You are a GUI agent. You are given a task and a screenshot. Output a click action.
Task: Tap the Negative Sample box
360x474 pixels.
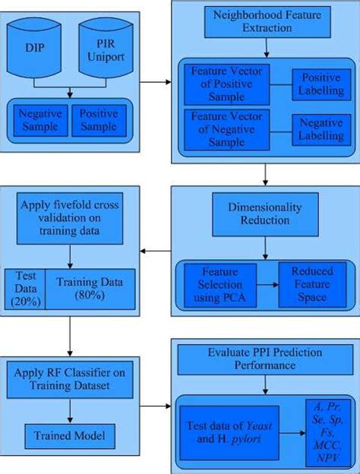[39, 120]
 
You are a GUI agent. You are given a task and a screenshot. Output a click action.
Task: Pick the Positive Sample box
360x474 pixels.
[99, 120]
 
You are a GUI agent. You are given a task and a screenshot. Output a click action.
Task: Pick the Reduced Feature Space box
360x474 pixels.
[311, 283]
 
